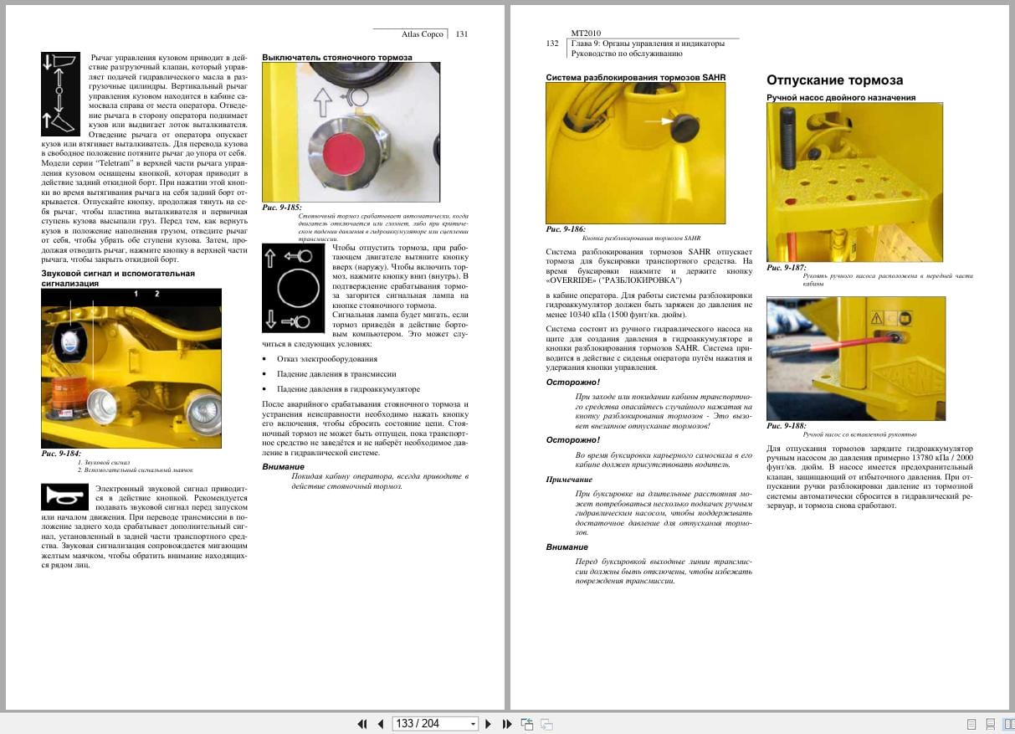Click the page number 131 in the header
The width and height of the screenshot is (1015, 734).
462,34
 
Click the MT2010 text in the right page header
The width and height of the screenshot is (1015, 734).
587,33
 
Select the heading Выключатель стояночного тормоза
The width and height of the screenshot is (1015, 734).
337,58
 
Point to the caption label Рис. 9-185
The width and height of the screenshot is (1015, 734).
282,207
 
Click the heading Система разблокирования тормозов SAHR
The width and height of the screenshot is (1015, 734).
635,77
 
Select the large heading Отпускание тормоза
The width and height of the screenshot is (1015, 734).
834,80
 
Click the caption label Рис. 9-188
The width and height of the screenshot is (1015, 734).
786,425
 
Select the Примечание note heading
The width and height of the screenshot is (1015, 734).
569,480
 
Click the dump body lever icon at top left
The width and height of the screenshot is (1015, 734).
59,94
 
